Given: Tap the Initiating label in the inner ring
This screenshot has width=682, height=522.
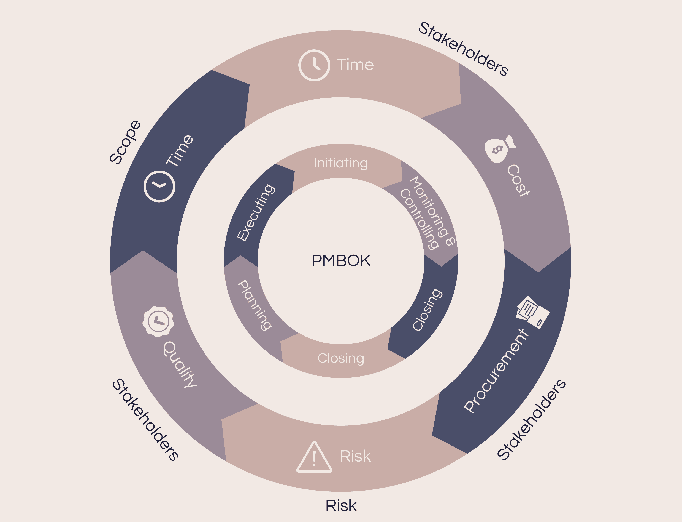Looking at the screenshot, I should click(x=341, y=163).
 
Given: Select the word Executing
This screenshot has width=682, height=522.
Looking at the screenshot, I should click(x=255, y=213).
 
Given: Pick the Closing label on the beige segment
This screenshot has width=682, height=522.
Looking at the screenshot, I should click(x=341, y=358).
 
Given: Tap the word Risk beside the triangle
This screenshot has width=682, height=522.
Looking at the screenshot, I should click(x=355, y=456).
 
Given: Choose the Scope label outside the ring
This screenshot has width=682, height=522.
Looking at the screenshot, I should click(x=125, y=142).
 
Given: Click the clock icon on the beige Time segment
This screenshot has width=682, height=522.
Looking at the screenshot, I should click(x=314, y=65).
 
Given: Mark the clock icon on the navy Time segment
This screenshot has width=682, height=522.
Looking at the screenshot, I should click(x=159, y=186).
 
